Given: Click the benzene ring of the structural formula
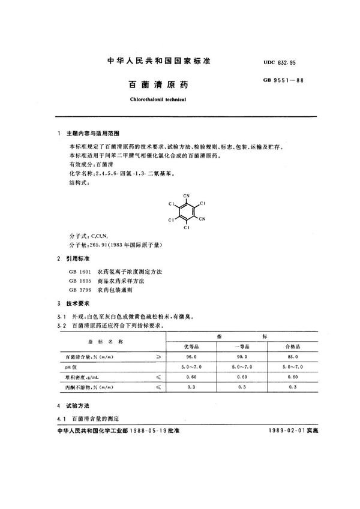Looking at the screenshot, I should [186, 211].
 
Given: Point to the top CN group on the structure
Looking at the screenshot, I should [187, 195].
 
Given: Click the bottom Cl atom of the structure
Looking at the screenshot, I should [187, 228].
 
